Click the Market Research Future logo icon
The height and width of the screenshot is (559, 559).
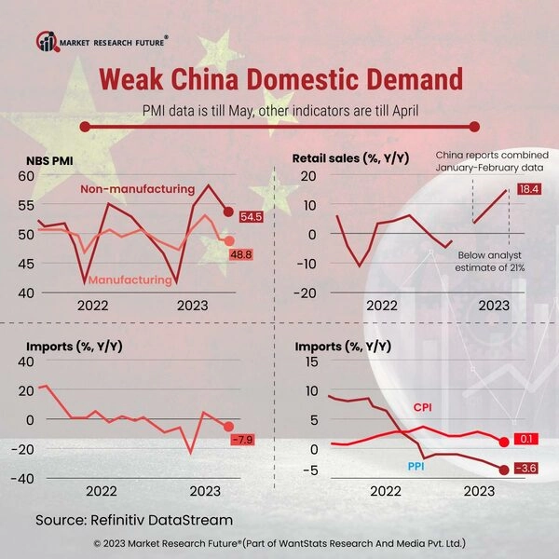click(x=46, y=40)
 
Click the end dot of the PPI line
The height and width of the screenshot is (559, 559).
click(x=504, y=470)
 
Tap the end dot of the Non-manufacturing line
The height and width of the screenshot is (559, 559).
click(x=228, y=211)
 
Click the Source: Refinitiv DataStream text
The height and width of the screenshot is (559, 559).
click(x=134, y=518)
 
